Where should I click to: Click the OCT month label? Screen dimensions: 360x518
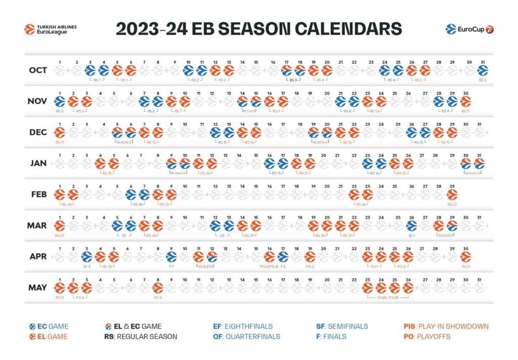pyautogui.click(x=37, y=70)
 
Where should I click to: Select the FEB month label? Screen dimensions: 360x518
pyautogui.click(x=37, y=194)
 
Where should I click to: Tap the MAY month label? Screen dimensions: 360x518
pyautogui.click(x=37, y=288)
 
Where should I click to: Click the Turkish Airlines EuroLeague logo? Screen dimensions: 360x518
pyautogui.click(x=50, y=29)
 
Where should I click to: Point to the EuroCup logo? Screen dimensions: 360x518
pyautogui.click(x=470, y=29)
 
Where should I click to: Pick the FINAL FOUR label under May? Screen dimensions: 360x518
pyautogui.click(x=387, y=298)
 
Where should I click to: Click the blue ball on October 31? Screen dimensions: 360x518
pyautogui.click(x=483, y=70)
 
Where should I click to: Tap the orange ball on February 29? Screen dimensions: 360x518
pyautogui.click(x=452, y=194)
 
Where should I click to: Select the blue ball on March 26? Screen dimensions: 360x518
pyautogui.click(x=411, y=226)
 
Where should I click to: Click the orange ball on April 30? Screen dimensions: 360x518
pyautogui.click(x=465, y=256)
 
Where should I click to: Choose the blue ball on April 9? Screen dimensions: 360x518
pyautogui.click(x=171, y=256)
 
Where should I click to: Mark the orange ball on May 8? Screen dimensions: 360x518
pyautogui.click(x=158, y=288)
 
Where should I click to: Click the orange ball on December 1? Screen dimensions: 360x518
pyautogui.click(x=60, y=132)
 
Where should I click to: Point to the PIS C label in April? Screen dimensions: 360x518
pyautogui.click(x=310, y=266)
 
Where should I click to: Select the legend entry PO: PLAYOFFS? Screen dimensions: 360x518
pyautogui.click(x=427, y=336)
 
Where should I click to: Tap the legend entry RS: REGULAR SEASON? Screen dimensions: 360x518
pyautogui.click(x=141, y=336)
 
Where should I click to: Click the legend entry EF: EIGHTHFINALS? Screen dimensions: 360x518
pyautogui.click(x=243, y=326)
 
